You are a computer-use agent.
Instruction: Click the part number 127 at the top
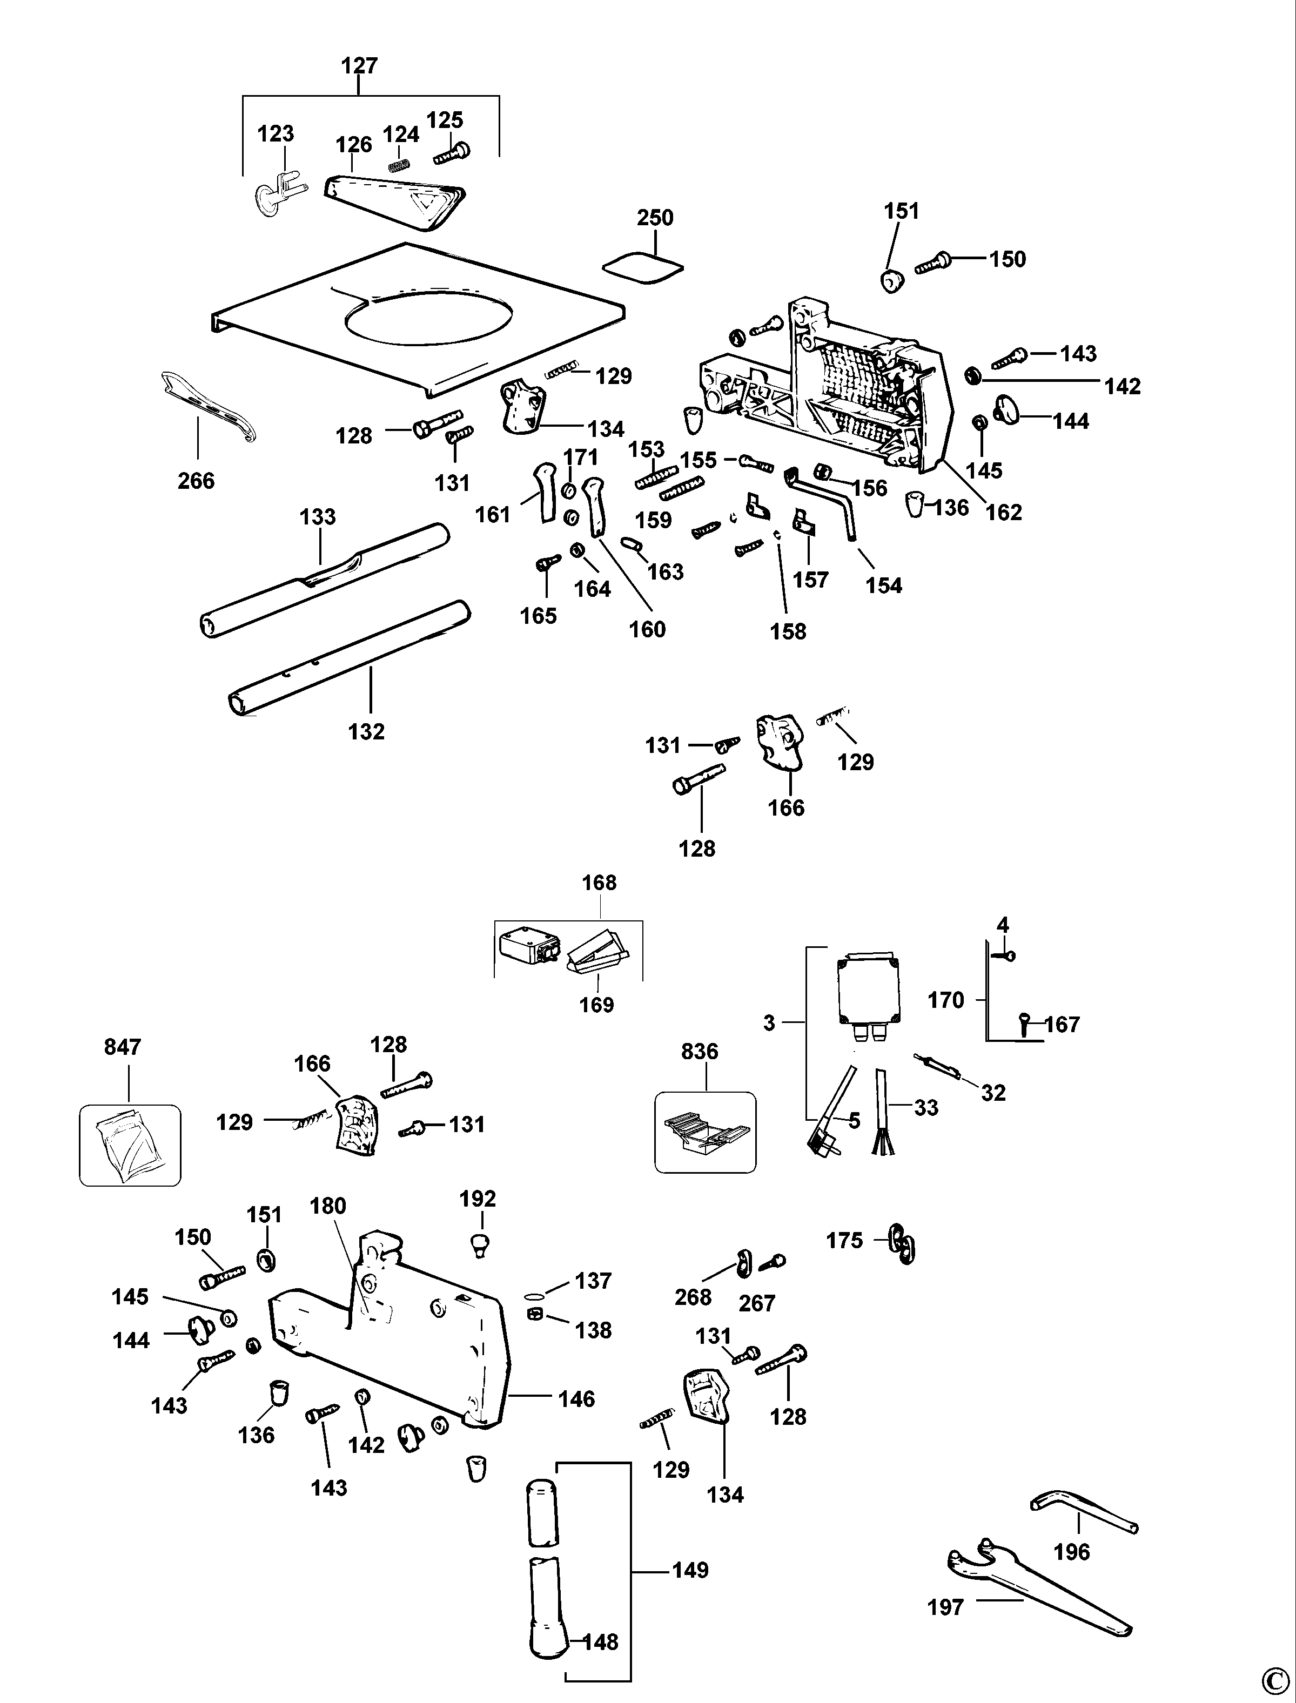tap(359, 65)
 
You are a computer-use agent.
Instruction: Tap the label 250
tap(655, 218)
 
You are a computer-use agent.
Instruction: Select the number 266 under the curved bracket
tap(196, 481)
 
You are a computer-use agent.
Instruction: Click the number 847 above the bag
tap(123, 1047)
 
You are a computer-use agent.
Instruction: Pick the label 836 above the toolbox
tap(700, 1052)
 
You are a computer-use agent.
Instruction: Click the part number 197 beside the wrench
tap(946, 1607)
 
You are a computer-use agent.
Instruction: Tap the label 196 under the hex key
tap(1071, 1552)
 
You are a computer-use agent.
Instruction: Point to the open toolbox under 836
tap(705, 1134)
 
